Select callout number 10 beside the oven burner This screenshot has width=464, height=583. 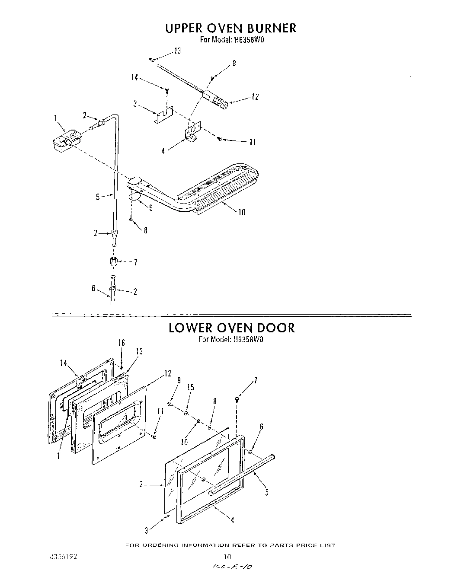click(241, 212)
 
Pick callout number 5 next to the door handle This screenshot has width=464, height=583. click(267, 492)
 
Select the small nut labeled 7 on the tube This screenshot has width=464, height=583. click(113, 261)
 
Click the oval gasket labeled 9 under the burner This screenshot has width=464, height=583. click(135, 197)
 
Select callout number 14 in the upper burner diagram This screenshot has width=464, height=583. click(134, 77)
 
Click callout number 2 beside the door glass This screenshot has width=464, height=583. click(141, 484)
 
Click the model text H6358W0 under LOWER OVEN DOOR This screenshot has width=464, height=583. click(248, 339)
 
